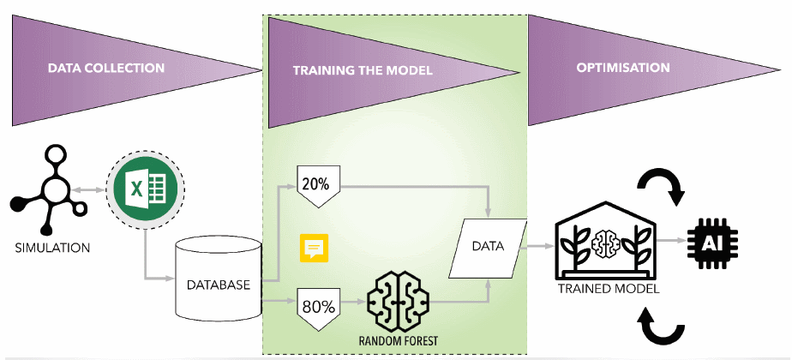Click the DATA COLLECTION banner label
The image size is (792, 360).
105,68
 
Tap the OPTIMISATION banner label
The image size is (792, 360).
622,67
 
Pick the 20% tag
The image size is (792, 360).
319,183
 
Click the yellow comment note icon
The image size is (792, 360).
314,247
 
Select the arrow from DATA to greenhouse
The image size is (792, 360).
538,245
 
